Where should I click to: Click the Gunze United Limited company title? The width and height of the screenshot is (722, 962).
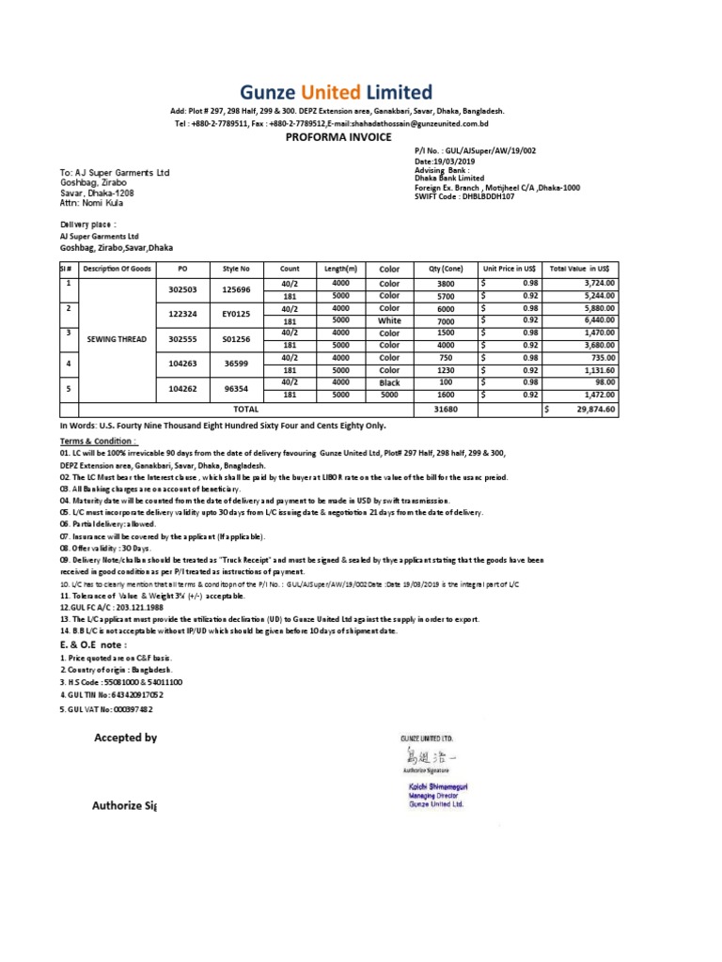(336, 92)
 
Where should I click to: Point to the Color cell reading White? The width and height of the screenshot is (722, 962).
(389, 320)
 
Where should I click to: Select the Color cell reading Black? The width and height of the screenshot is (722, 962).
(389, 383)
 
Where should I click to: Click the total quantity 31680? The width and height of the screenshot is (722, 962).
(445, 410)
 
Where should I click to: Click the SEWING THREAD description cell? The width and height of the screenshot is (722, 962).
(116, 337)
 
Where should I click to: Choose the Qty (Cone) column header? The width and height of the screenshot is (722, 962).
(445, 268)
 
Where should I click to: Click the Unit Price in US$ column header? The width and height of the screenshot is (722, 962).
(510, 268)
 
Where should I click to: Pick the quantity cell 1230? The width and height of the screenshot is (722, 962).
(445, 370)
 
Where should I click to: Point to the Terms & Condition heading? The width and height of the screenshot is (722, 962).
(99, 441)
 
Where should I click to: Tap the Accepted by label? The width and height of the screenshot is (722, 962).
(124, 738)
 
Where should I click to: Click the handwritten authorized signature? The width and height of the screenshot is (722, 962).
(428, 757)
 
